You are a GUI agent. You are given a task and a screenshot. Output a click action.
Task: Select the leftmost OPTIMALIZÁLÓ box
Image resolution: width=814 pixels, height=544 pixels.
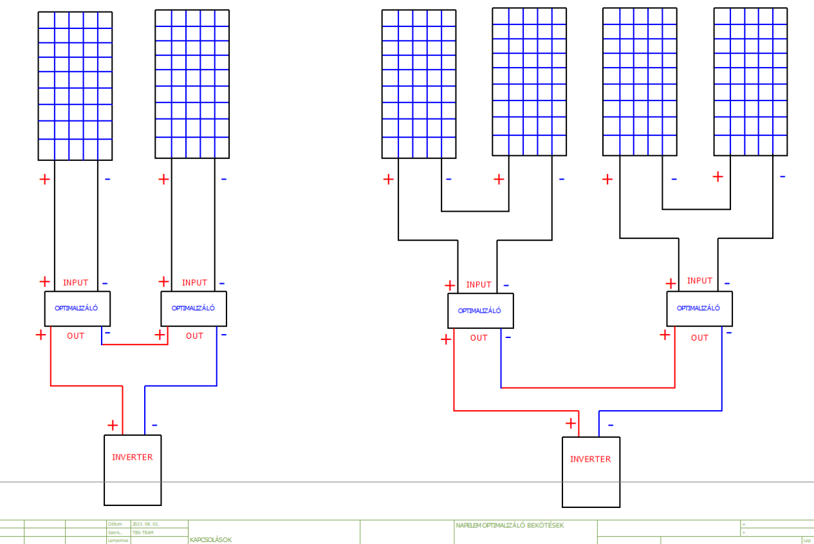(77, 308)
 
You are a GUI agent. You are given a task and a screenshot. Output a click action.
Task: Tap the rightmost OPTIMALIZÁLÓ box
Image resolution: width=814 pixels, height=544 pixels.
(699, 308)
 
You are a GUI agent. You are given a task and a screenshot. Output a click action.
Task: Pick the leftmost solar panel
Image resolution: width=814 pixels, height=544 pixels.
(75, 86)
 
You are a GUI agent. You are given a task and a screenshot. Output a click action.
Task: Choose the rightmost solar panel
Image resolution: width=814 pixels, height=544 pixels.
(750, 82)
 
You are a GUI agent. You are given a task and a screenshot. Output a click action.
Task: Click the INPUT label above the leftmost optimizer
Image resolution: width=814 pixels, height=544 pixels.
(76, 283)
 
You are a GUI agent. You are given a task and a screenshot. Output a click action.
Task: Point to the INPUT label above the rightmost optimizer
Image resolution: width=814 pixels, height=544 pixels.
(699, 281)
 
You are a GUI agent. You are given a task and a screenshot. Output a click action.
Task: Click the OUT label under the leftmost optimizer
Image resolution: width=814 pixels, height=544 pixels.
(76, 335)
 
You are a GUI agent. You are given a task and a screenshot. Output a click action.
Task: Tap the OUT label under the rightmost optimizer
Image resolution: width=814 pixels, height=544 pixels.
(699, 337)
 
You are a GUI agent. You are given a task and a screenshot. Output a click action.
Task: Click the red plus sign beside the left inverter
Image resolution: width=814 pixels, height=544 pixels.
(113, 425)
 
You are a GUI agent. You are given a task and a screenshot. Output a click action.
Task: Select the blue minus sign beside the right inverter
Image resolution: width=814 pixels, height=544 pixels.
(611, 425)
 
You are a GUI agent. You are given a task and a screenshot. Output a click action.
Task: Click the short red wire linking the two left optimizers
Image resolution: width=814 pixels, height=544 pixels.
(134, 344)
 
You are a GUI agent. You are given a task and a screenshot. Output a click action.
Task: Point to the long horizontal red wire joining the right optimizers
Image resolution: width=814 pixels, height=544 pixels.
(587, 388)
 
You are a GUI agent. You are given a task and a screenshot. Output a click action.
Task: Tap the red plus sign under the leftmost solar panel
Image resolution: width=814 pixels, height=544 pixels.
(44, 179)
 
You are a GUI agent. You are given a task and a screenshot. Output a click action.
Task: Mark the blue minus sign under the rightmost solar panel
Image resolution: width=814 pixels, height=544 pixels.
(782, 176)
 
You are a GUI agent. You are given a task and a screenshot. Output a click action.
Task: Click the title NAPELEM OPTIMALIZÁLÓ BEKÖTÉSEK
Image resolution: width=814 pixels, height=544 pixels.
(510, 525)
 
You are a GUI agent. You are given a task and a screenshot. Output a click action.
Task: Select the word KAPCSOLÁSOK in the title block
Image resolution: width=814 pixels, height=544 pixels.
(210, 539)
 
